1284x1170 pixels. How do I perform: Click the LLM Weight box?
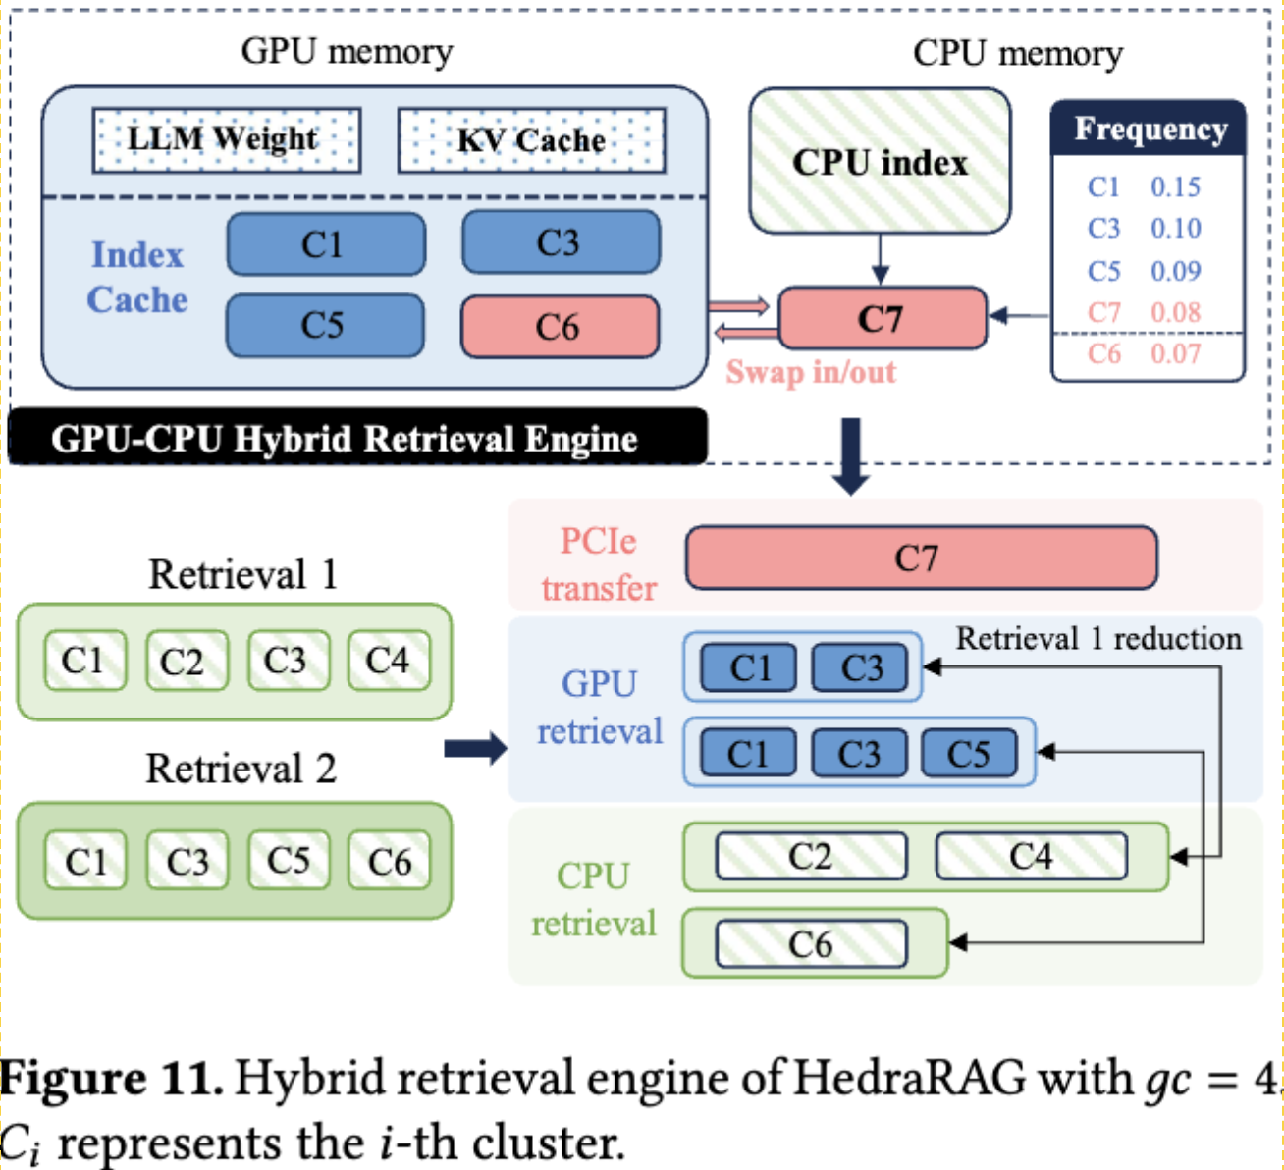(226, 140)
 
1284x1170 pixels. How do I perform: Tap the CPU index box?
(880, 162)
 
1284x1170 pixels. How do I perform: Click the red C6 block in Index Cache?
(560, 327)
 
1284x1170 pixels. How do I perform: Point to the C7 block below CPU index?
(882, 318)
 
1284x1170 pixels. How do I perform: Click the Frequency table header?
(1149, 130)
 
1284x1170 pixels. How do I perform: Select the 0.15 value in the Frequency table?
(1175, 186)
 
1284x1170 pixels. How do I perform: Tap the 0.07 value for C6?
(1175, 353)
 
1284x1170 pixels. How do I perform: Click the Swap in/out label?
(811, 372)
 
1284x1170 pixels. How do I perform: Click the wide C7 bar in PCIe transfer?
(920, 558)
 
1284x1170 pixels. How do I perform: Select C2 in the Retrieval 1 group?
(186, 661)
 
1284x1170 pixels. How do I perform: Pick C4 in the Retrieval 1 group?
(389, 661)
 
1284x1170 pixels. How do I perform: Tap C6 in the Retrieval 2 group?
(390, 861)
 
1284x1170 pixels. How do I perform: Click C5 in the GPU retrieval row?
(969, 753)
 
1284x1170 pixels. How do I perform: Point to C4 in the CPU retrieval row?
(1031, 856)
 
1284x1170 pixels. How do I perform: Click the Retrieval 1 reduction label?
(1098, 639)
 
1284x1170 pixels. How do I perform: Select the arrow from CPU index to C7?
(881, 260)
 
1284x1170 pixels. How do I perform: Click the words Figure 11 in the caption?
(111, 1079)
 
